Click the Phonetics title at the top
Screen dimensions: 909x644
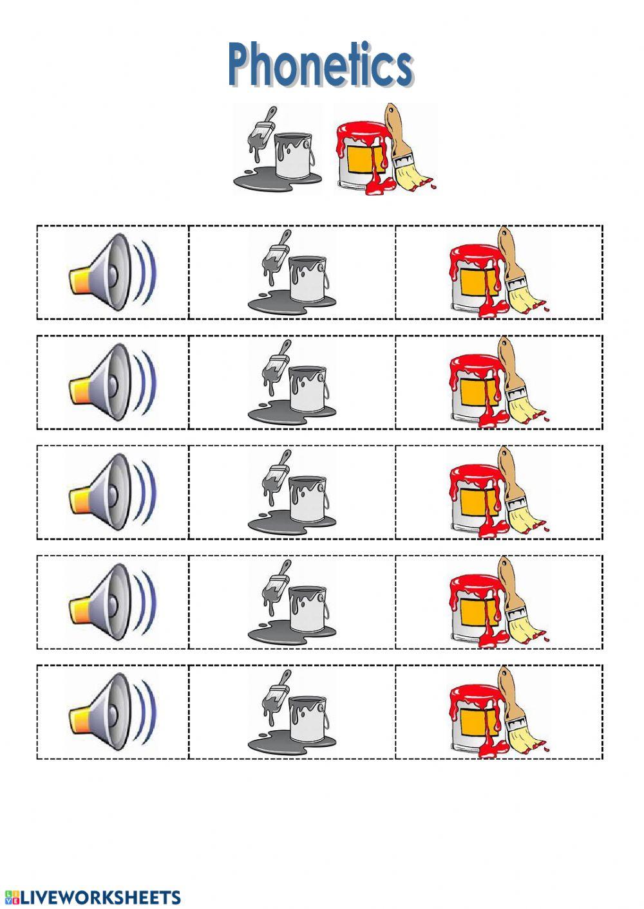(320, 64)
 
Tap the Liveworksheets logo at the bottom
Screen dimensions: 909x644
(93, 897)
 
